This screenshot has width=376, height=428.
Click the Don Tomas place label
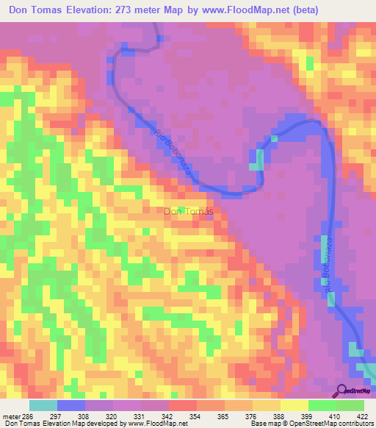click(x=188, y=212)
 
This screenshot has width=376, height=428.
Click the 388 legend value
click(x=279, y=416)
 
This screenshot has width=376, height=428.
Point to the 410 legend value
click(x=335, y=416)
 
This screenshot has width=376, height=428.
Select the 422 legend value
click(x=362, y=416)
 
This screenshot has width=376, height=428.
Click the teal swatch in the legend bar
click(x=43, y=405)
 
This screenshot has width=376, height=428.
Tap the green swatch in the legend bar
click(x=350, y=405)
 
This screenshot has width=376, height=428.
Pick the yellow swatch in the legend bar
click(x=294, y=405)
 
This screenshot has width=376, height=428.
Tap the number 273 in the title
click(x=139, y=9)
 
